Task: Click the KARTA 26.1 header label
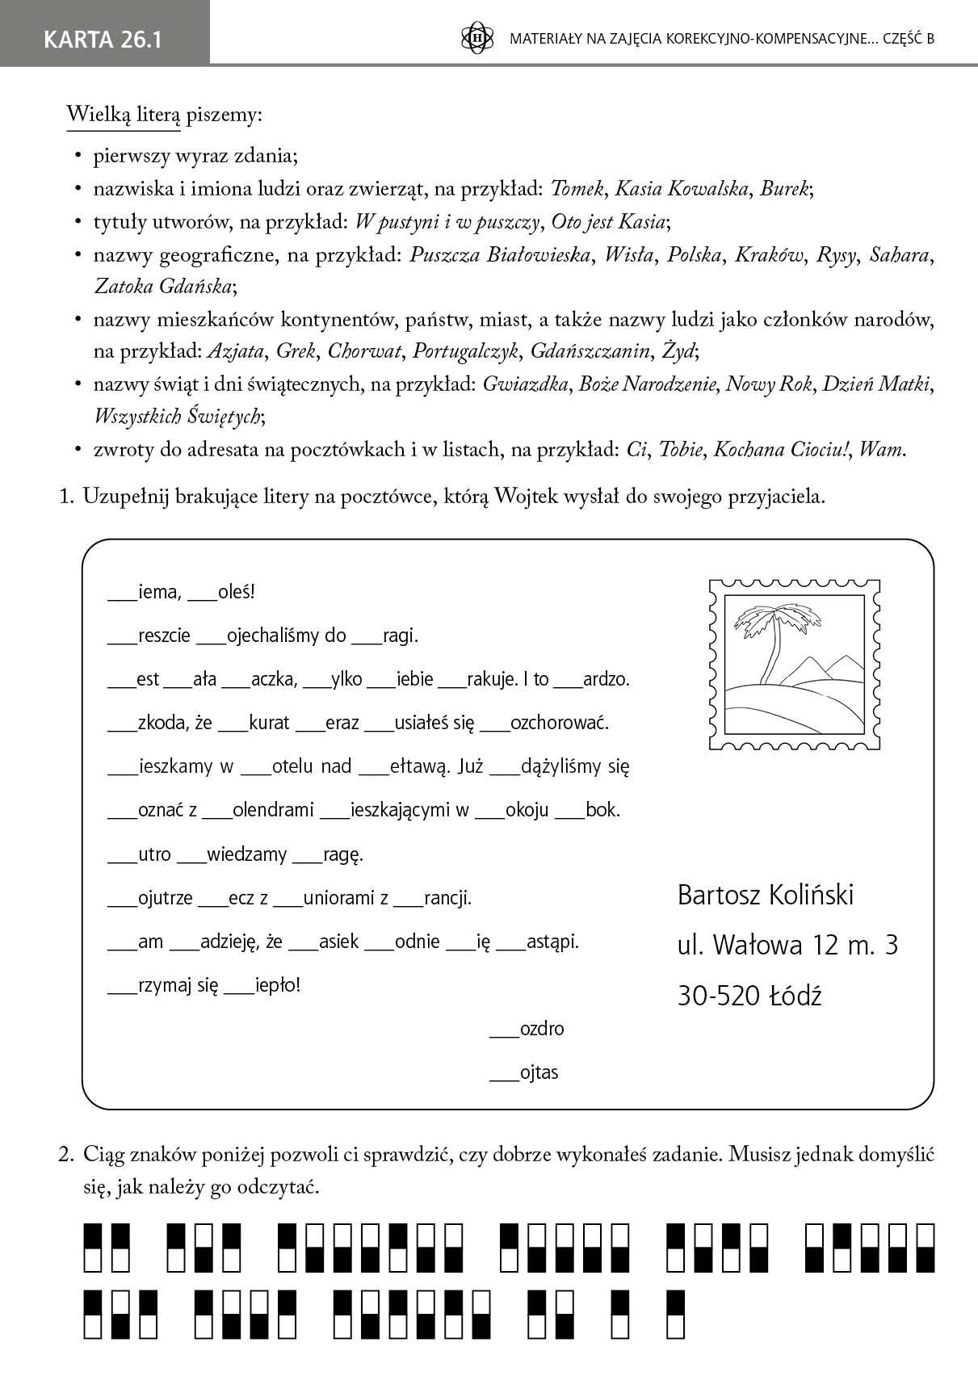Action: coord(103,39)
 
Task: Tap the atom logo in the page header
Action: coord(476,38)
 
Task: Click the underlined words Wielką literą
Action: coord(124,115)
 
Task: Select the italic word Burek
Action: coord(784,189)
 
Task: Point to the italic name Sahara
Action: coord(899,254)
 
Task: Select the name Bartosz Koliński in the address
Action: coord(765,895)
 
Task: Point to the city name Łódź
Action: coord(795,996)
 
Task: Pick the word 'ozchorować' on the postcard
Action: coord(560,723)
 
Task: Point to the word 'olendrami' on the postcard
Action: coord(273,810)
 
